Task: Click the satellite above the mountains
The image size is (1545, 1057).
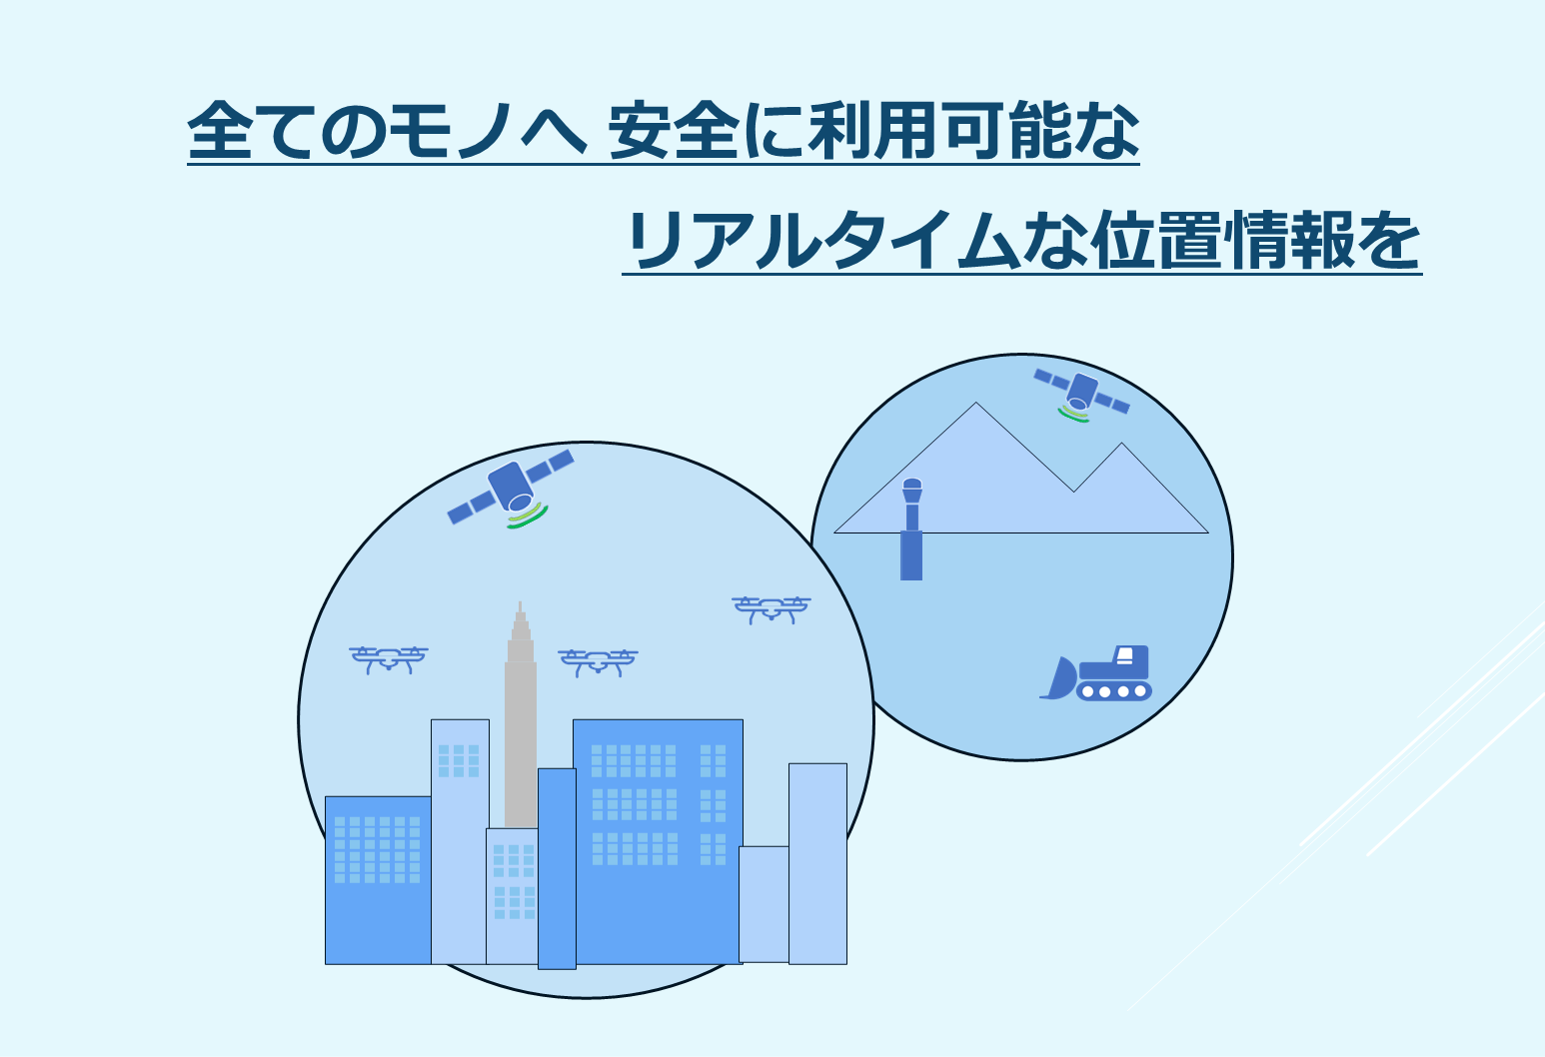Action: point(1081,394)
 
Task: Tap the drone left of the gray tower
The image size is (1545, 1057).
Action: point(389,659)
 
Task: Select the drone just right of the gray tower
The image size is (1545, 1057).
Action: point(598,662)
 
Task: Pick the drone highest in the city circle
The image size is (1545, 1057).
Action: point(772,609)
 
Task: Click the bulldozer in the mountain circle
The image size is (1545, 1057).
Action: point(1096,673)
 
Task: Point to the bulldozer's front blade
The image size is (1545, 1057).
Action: point(1059,678)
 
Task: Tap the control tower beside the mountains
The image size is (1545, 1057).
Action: point(911,528)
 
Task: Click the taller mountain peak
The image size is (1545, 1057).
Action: point(976,403)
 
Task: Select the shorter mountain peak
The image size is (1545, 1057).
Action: point(1122,444)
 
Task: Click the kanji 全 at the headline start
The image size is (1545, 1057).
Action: point(219,130)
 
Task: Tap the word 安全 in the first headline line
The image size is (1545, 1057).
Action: point(674,130)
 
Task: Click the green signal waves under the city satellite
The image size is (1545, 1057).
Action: point(528,517)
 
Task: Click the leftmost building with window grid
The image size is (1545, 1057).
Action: point(378,880)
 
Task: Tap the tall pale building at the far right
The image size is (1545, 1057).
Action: point(818,863)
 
